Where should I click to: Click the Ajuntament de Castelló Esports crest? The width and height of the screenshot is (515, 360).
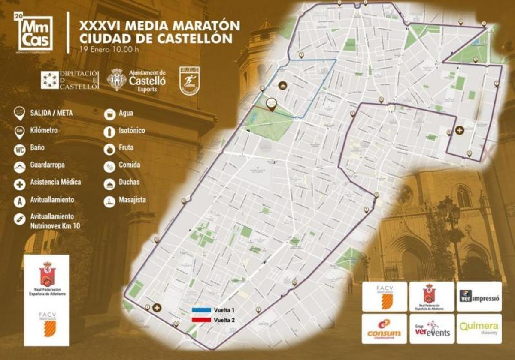point(116,80)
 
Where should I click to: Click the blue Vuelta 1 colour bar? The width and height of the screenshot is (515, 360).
point(201,309)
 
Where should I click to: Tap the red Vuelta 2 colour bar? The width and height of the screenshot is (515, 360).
point(201,320)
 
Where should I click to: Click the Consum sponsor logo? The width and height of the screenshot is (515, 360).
point(384,329)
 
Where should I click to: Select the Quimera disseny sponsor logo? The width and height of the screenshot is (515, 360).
point(479,328)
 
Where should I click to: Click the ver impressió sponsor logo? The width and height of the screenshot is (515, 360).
point(479,296)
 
